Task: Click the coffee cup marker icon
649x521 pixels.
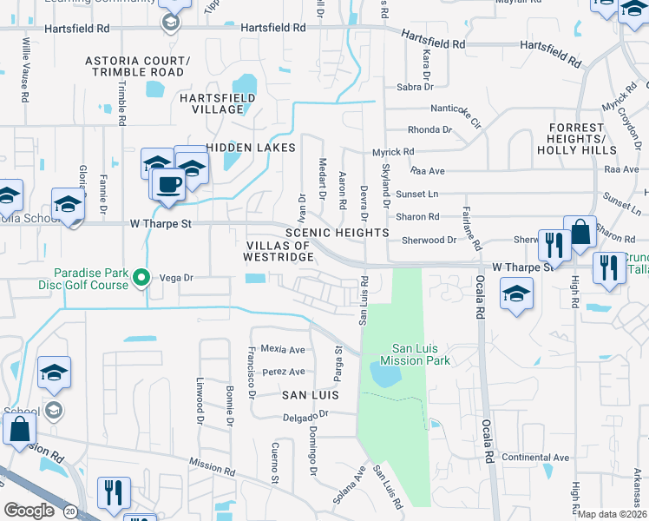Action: pos(167,184)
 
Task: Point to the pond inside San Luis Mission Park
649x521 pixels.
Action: pos(385,374)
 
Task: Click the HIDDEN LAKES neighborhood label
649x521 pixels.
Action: pos(252,148)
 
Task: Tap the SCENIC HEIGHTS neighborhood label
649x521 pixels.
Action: pos(337,233)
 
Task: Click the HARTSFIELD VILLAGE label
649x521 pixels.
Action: pos(217,104)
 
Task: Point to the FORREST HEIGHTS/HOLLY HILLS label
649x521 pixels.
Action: pos(575,139)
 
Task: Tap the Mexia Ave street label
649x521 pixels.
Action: pos(283,349)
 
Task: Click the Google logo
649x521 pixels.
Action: pos(29,511)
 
